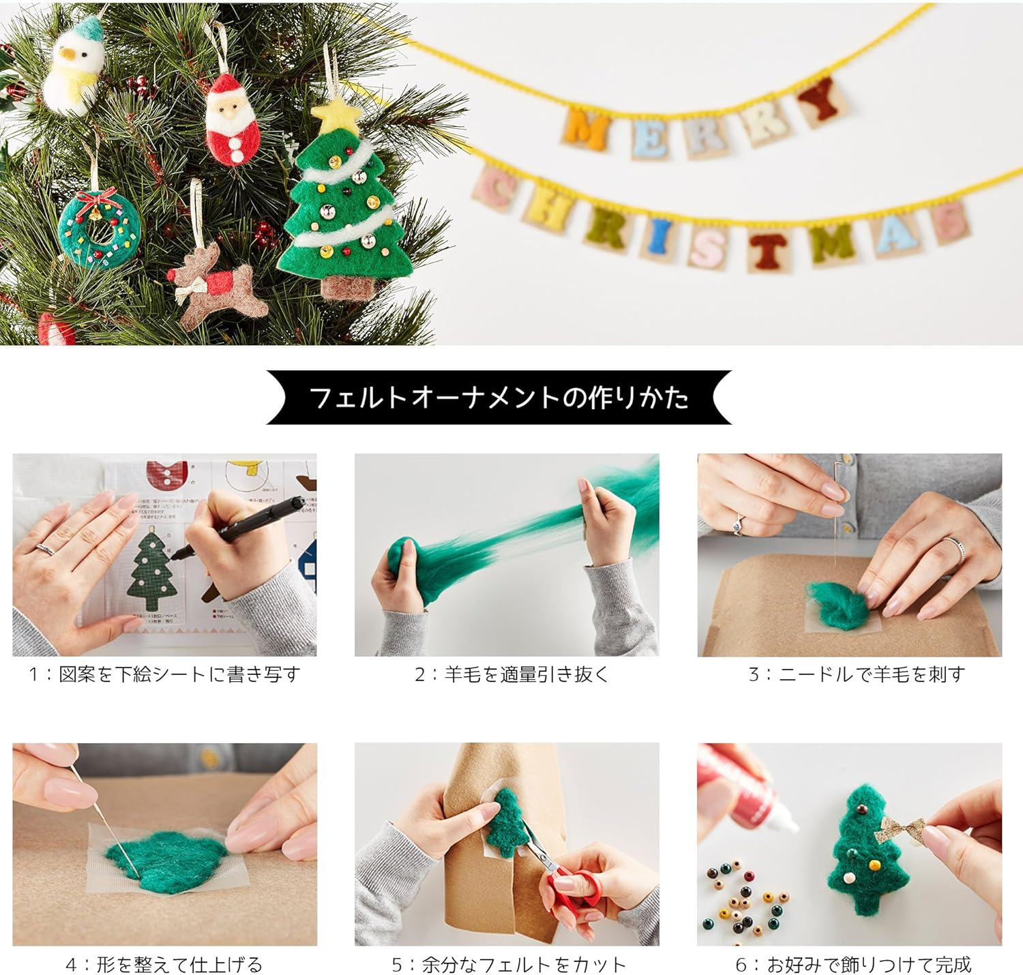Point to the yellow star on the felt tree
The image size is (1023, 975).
coord(334,115)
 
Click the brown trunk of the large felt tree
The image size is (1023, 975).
coord(346,286)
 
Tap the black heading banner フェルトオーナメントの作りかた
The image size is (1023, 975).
coord(499,397)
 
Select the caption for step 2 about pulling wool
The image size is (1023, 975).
coord(511,674)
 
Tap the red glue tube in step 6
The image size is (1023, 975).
coord(743,791)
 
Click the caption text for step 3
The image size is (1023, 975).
coord(857,674)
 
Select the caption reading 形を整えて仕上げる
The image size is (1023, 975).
coord(164,965)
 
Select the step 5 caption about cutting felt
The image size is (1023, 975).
coord(508,965)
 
